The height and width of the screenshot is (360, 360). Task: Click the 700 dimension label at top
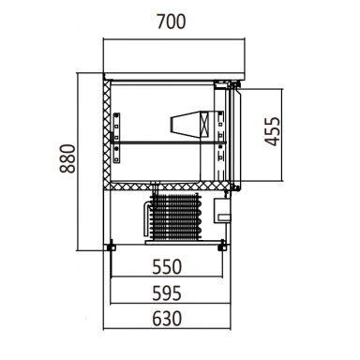(172, 22)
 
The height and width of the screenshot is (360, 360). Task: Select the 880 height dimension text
(67, 158)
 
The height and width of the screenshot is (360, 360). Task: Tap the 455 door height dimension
(272, 131)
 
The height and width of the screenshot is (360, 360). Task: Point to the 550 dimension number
(167, 267)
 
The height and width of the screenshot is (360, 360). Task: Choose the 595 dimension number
(167, 293)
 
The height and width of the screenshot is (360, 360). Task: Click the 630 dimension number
(167, 319)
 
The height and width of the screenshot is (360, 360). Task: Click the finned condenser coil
(175, 217)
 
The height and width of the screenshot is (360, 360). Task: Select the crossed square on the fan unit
(204, 125)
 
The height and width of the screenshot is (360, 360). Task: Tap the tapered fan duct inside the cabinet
(186, 124)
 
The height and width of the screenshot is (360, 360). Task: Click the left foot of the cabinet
(111, 247)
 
